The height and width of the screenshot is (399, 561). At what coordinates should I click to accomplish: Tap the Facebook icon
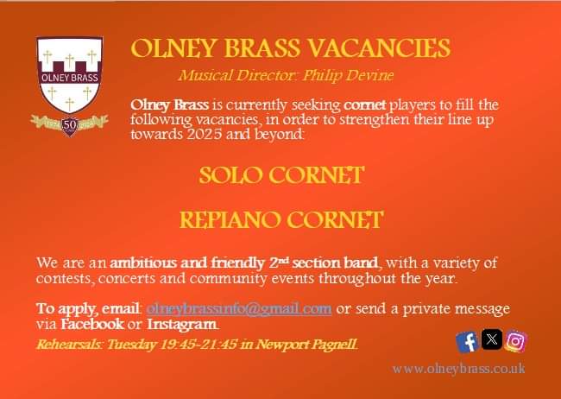[467, 342]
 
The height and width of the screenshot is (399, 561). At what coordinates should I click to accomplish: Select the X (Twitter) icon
[491, 340]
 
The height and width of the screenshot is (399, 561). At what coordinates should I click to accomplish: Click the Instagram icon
[515, 342]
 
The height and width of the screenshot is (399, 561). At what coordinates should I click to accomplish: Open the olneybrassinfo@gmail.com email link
[239, 308]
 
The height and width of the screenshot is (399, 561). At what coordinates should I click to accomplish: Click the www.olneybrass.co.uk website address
[458, 369]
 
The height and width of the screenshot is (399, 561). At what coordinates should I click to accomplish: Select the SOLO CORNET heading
[281, 175]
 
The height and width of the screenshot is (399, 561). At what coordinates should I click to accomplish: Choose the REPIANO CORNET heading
[280, 220]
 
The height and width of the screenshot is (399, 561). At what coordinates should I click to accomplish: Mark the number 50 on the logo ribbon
[69, 123]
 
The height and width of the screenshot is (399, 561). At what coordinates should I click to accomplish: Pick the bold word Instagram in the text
[182, 324]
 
